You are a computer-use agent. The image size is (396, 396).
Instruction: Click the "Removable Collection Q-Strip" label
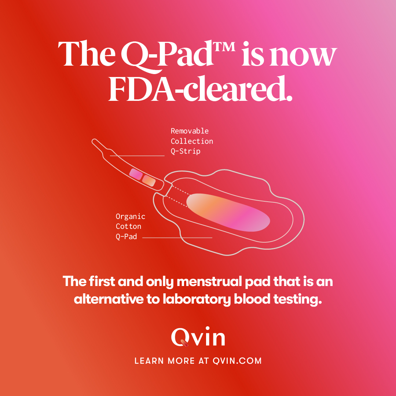pyautogui.click(x=191, y=141)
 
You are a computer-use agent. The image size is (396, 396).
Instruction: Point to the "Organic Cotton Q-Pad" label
pyautogui.click(x=130, y=227)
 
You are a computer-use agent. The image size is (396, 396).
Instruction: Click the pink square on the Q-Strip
pyautogui.click(x=136, y=174)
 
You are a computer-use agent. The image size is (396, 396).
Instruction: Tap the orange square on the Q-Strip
pyautogui.click(x=148, y=180)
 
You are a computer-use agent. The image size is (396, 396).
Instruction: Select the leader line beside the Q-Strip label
pyautogui.click(x=137, y=156)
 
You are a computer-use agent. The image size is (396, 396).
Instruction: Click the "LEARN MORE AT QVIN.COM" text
pyautogui.click(x=198, y=361)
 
